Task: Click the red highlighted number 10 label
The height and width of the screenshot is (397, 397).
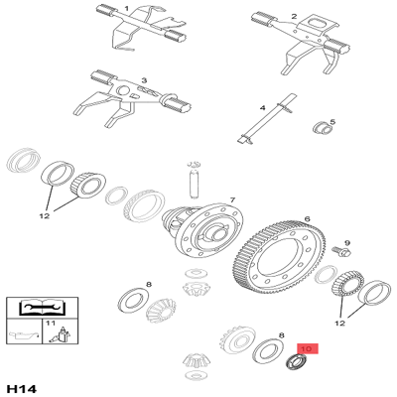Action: coord(306,349)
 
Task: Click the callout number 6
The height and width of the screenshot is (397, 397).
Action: coord(307,219)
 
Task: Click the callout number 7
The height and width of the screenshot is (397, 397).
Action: coord(232,199)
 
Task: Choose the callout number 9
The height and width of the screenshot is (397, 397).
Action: coord(347,242)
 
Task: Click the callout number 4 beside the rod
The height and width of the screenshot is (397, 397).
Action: coord(262,107)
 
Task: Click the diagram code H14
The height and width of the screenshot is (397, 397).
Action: coord(23,385)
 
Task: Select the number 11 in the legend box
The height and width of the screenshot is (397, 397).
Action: coord(44,323)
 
